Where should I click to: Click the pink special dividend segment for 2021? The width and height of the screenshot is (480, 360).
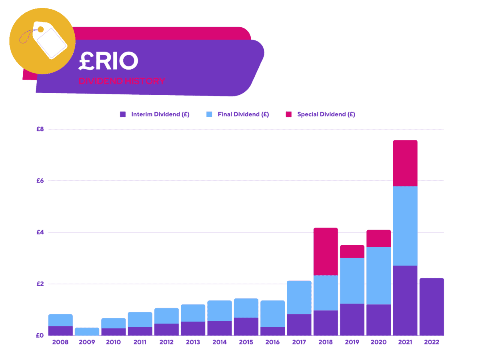click(x=405, y=163)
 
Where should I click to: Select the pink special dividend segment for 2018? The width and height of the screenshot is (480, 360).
click(x=326, y=252)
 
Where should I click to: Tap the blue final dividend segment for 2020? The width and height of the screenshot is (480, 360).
click(x=379, y=276)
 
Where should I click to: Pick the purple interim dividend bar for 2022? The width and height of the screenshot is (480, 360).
click(x=432, y=307)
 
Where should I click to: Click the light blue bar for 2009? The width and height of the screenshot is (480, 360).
click(x=87, y=331)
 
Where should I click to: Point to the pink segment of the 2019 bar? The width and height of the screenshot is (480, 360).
click(x=352, y=252)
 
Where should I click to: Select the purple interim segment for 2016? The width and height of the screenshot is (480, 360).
click(x=273, y=331)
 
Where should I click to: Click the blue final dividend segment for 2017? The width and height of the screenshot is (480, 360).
click(x=299, y=297)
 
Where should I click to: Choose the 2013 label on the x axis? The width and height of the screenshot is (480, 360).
click(x=193, y=342)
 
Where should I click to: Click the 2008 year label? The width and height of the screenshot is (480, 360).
click(x=60, y=342)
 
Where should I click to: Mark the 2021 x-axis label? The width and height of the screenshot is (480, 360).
click(x=405, y=342)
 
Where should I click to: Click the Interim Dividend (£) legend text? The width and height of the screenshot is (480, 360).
click(x=160, y=114)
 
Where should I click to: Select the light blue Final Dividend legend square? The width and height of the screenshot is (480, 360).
click(x=209, y=114)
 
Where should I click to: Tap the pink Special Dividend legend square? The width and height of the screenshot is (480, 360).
click(x=289, y=114)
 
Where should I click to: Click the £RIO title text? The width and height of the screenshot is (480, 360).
click(x=108, y=61)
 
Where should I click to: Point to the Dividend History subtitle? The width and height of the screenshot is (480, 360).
click(x=122, y=81)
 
